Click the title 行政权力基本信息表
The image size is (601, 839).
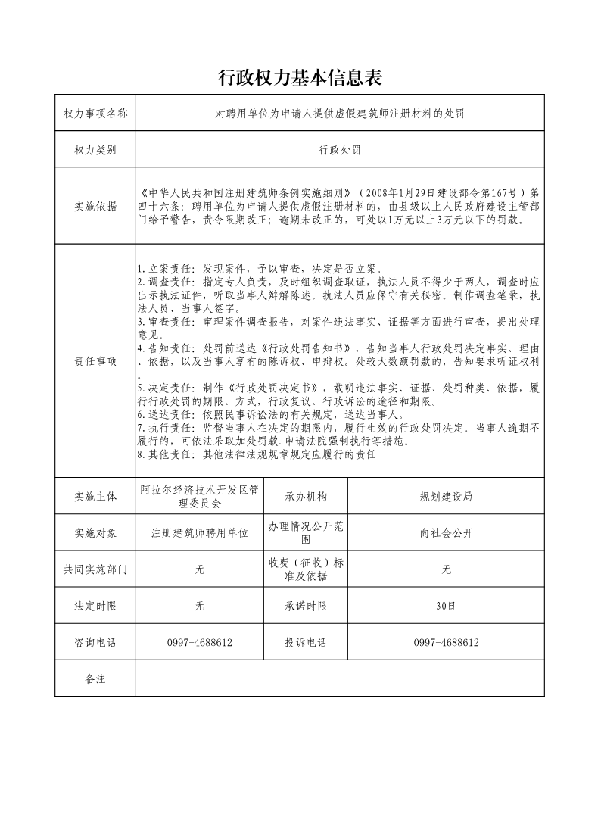[x=300, y=76]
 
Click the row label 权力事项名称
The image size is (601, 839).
[x=95, y=113]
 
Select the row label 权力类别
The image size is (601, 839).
[x=95, y=149]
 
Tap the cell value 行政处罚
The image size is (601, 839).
[x=340, y=149]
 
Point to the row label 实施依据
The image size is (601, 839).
[x=95, y=205]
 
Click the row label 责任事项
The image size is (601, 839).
[x=95, y=361]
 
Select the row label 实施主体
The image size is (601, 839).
[x=95, y=497]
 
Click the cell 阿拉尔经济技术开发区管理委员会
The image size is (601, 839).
[x=200, y=496]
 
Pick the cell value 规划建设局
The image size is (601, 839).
[x=446, y=497]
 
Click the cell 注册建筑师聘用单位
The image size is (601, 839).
[x=200, y=533]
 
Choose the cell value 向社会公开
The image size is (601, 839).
[x=446, y=533]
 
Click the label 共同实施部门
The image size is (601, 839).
[x=95, y=569]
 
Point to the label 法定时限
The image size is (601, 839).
[x=95, y=606]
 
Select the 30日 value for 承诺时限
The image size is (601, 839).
[x=446, y=606]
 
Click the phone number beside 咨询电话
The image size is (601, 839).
[x=200, y=642]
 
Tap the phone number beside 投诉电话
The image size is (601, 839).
[x=446, y=642]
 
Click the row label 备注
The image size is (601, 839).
[x=95, y=678]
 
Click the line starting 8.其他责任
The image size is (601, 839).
[x=257, y=455]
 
